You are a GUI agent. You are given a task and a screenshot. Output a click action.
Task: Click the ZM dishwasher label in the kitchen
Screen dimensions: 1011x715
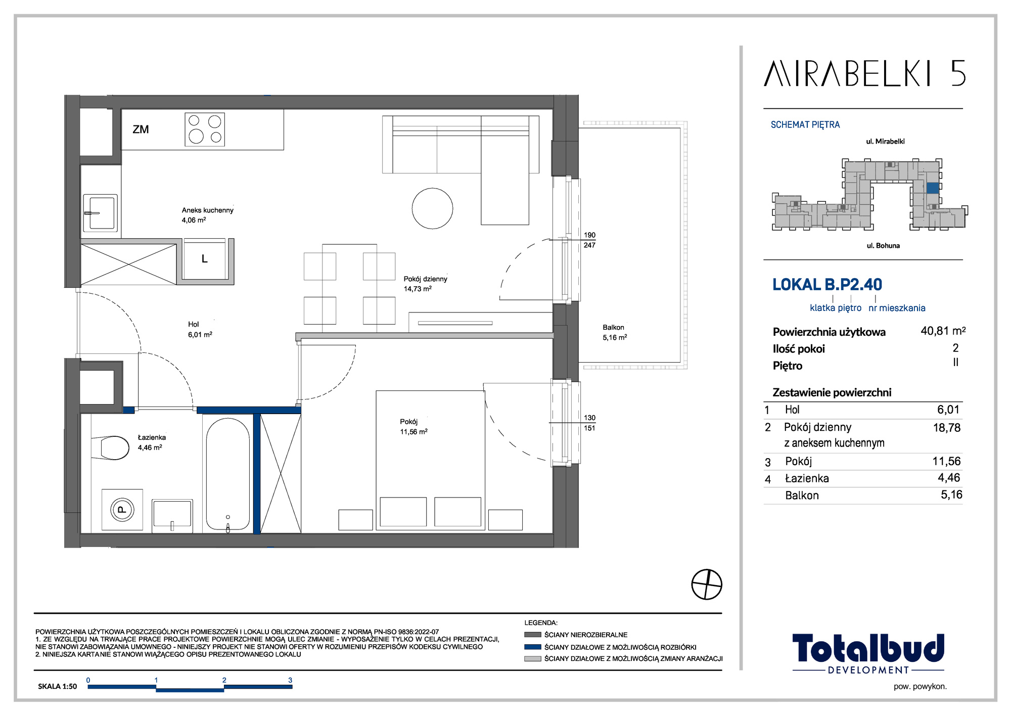tap(141, 129)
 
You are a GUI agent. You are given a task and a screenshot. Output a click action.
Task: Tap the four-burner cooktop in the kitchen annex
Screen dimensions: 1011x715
tap(205, 129)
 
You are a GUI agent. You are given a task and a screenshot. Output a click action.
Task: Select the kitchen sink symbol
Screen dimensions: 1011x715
tap(100, 213)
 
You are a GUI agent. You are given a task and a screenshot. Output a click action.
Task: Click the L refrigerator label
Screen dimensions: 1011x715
tap(204, 259)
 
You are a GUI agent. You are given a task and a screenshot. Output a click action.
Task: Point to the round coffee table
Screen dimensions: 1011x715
tap(432, 208)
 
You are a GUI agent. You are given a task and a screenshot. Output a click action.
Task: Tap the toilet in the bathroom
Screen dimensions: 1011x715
tap(111, 448)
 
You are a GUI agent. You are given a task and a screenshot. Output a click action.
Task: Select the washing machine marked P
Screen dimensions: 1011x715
tap(122, 510)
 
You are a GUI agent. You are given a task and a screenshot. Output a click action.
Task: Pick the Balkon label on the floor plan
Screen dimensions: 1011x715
tap(613, 328)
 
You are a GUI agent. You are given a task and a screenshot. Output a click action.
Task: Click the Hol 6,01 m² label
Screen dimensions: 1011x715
tap(200, 330)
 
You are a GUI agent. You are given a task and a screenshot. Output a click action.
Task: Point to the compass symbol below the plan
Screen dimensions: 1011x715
tap(707, 585)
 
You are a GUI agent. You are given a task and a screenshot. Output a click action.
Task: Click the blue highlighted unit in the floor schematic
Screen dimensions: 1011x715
tap(933, 188)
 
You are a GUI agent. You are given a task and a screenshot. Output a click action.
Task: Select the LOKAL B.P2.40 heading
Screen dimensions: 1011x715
tap(827, 285)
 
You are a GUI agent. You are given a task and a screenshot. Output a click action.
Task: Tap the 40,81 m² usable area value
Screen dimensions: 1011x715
tap(943, 331)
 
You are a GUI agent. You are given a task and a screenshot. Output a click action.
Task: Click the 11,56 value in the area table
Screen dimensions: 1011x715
tap(946, 461)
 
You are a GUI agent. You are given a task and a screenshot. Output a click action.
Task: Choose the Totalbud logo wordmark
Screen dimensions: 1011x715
tap(868, 648)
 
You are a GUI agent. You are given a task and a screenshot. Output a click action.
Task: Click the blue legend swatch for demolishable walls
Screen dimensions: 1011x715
tap(533, 647)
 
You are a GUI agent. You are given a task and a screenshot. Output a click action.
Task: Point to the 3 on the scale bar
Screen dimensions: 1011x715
tap(290, 680)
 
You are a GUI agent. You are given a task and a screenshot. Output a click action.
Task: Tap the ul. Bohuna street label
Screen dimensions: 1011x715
tap(883, 246)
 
